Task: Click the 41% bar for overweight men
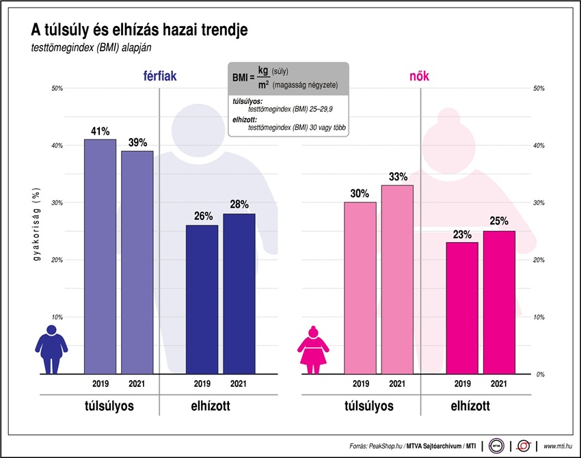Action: tap(100, 256)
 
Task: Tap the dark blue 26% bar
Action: tap(202, 299)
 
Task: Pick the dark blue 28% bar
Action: tap(239, 294)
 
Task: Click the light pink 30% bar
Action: tap(360, 288)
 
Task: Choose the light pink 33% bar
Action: tap(397, 280)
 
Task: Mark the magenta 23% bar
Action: tap(462, 308)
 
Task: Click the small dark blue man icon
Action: tap(51, 349)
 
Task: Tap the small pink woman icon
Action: tap(314, 349)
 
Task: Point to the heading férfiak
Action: tap(159, 77)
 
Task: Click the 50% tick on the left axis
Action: tap(57, 88)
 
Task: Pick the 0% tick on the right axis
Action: tap(539, 375)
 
